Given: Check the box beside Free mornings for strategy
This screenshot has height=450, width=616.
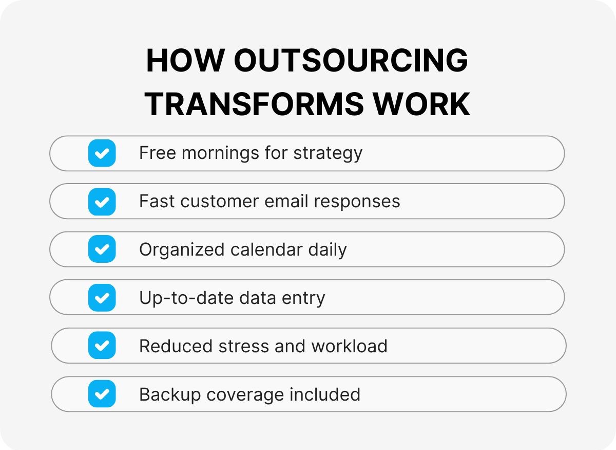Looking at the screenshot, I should tap(102, 153).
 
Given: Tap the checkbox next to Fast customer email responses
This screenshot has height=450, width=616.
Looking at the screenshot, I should tap(102, 202).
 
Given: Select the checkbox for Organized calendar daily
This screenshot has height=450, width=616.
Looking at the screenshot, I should tap(102, 249).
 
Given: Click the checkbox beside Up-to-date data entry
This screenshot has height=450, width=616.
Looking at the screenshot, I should tap(102, 298).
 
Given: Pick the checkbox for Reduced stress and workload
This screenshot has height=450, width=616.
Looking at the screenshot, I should tap(102, 346).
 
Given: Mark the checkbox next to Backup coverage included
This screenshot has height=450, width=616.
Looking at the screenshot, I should tap(102, 394).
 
